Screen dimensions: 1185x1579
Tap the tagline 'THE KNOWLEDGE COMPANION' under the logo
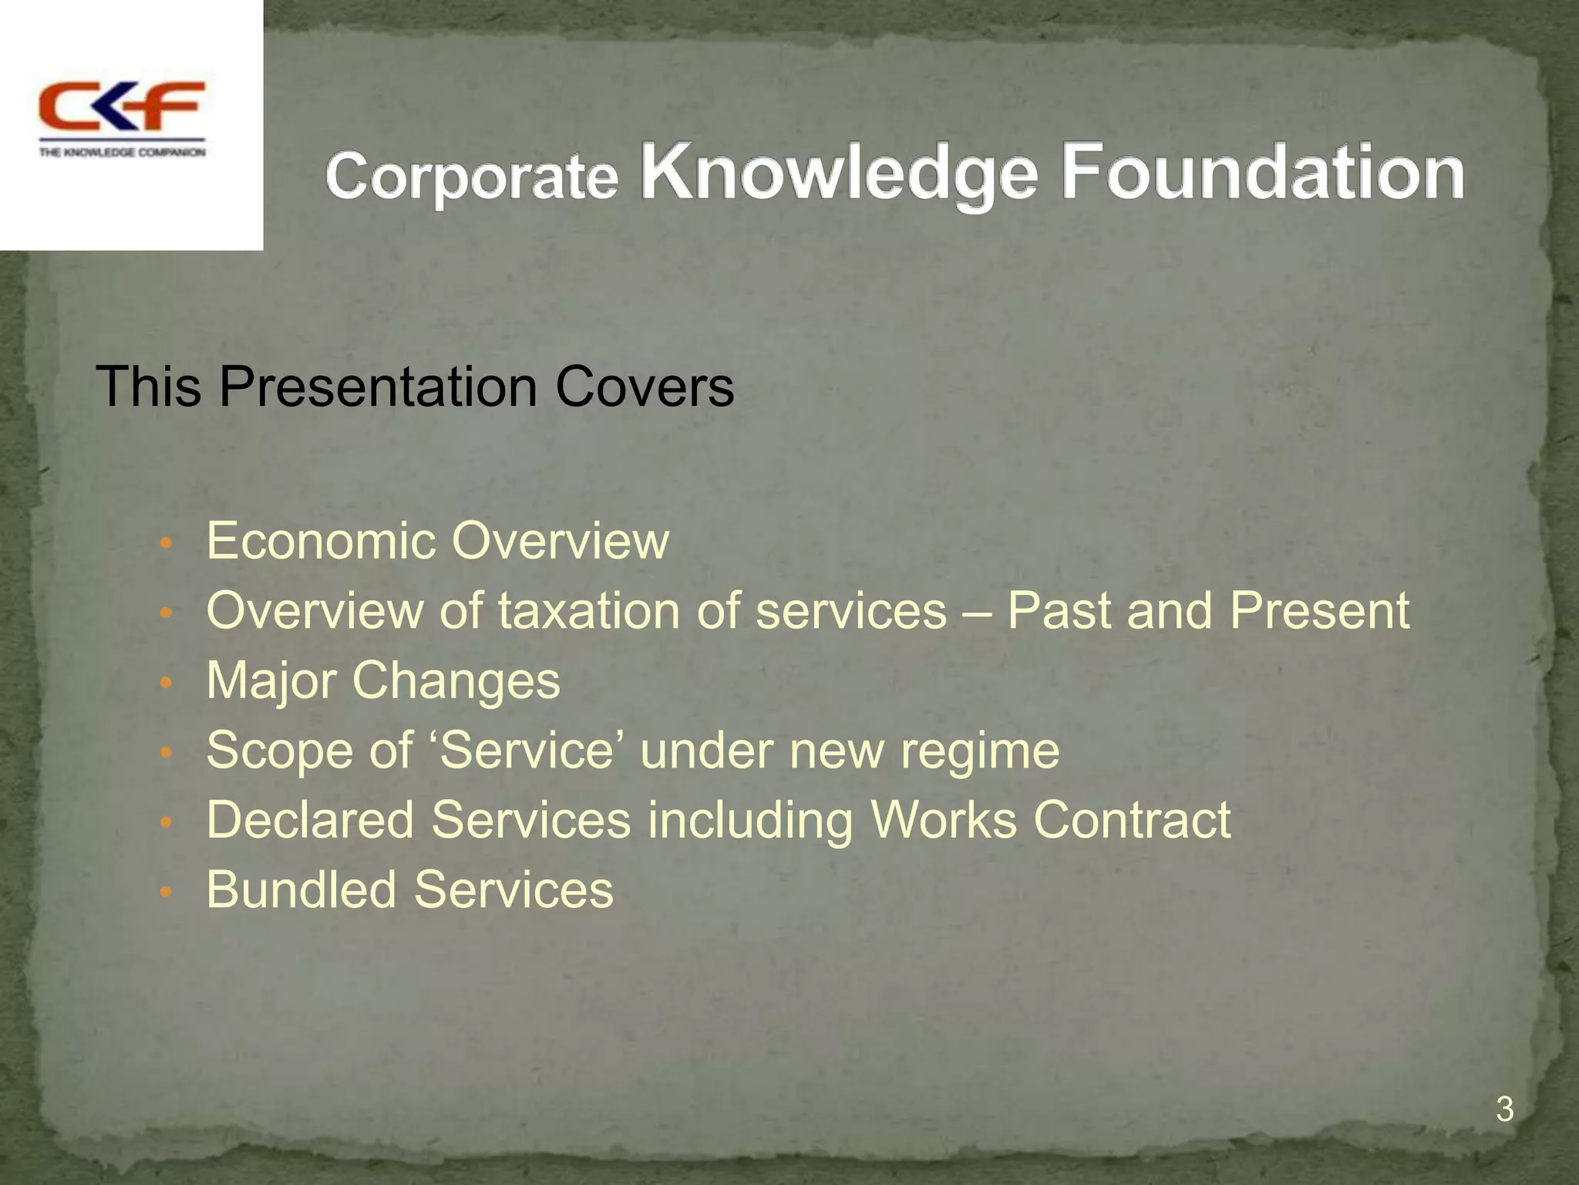tap(122, 153)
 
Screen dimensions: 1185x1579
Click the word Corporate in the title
tap(472, 176)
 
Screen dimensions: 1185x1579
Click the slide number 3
tap(1504, 1109)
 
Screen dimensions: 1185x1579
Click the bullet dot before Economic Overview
tap(163, 544)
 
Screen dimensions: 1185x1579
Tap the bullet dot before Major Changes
tap(163, 684)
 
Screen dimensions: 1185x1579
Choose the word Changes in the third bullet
tap(456, 681)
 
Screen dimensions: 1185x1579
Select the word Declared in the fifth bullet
tap(310, 819)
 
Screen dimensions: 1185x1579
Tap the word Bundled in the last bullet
tap(301, 890)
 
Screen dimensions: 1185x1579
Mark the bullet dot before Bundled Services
tap(163, 893)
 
